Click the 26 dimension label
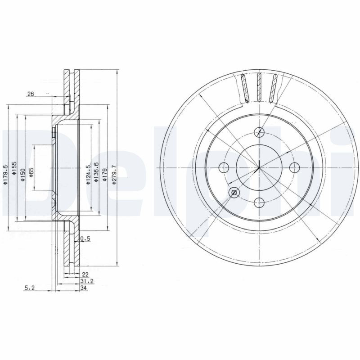pos(31,94)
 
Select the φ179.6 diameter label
pos(6,173)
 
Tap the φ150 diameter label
pos(22,173)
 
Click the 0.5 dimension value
pos(85,239)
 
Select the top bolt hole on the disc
pos(259,132)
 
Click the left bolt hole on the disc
pos(224,168)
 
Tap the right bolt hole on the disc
pos(295,168)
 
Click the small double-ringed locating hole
pos(234,193)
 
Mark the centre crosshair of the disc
pos(259,168)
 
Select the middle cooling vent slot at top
pos(259,87)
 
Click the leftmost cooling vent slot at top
pos(245,88)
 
